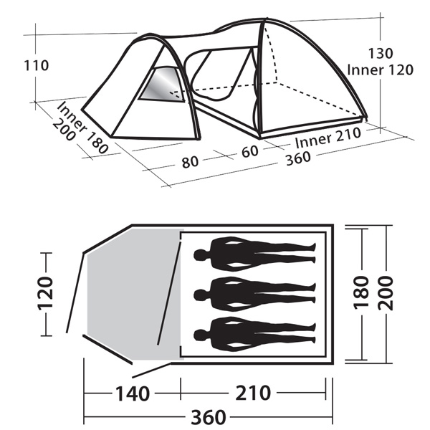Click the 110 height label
point(37,66)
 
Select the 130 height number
point(381,54)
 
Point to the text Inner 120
point(380,70)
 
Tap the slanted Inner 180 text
point(82,128)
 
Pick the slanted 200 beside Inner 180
point(63,130)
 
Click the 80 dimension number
point(190,162)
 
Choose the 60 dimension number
point(250,151)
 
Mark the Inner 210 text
point(328,138)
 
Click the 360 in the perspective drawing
point(298,159)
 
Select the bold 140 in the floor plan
point(133,393)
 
